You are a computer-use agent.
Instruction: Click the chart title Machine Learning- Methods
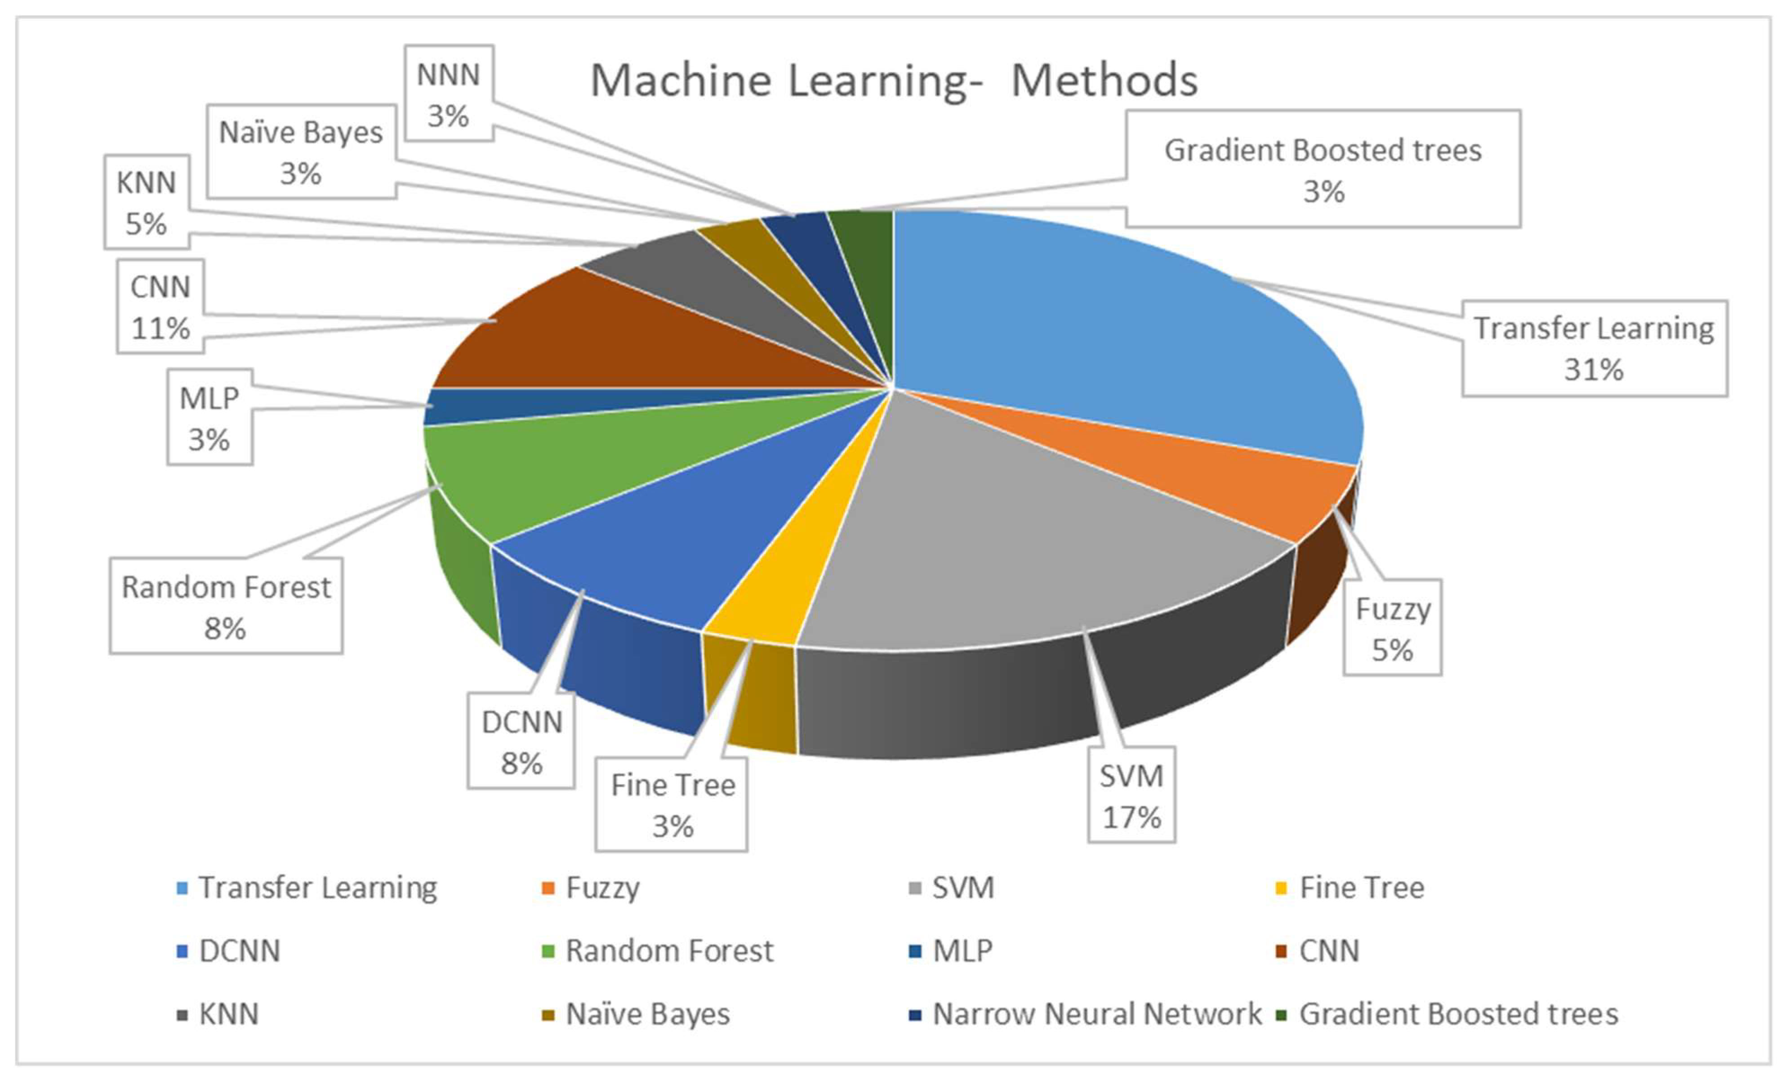click(x=894, y=80)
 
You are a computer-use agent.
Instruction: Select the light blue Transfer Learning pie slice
click(x=1131, y=326)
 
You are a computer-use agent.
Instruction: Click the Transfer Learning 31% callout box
click(x=1594, y=349)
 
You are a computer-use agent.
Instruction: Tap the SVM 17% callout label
click(x=1131, y=796)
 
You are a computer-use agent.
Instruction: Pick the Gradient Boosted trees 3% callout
click(x=1323, y=169)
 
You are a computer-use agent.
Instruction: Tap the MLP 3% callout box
click(x=209, y=417)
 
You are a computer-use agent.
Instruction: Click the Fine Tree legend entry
click(x=1350, y=888)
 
